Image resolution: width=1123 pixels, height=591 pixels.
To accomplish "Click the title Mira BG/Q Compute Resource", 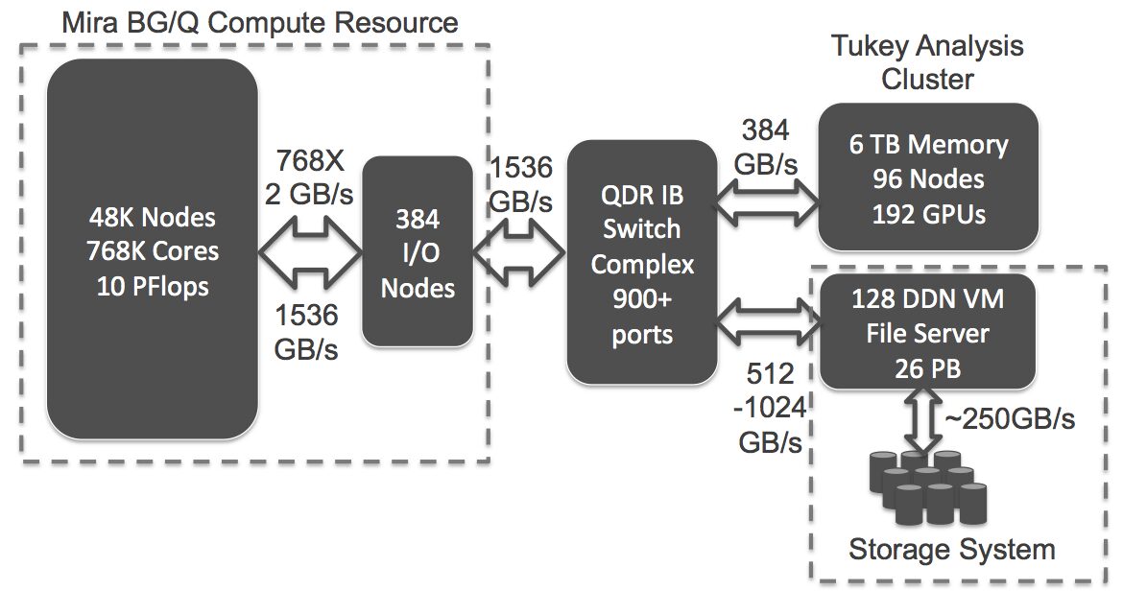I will coord(260,20).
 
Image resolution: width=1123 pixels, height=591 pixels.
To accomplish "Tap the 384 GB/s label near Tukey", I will coord(766,147).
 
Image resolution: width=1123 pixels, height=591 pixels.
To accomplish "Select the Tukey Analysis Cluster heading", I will coord(953,59).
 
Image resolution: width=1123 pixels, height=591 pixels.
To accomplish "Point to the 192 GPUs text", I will coord(928,213).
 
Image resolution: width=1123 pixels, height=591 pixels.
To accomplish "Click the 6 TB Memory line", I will coord(928,146).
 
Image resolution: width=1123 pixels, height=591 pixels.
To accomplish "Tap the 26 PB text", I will coord(928,367).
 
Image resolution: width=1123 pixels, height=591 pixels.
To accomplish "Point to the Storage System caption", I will coord(951,550).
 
